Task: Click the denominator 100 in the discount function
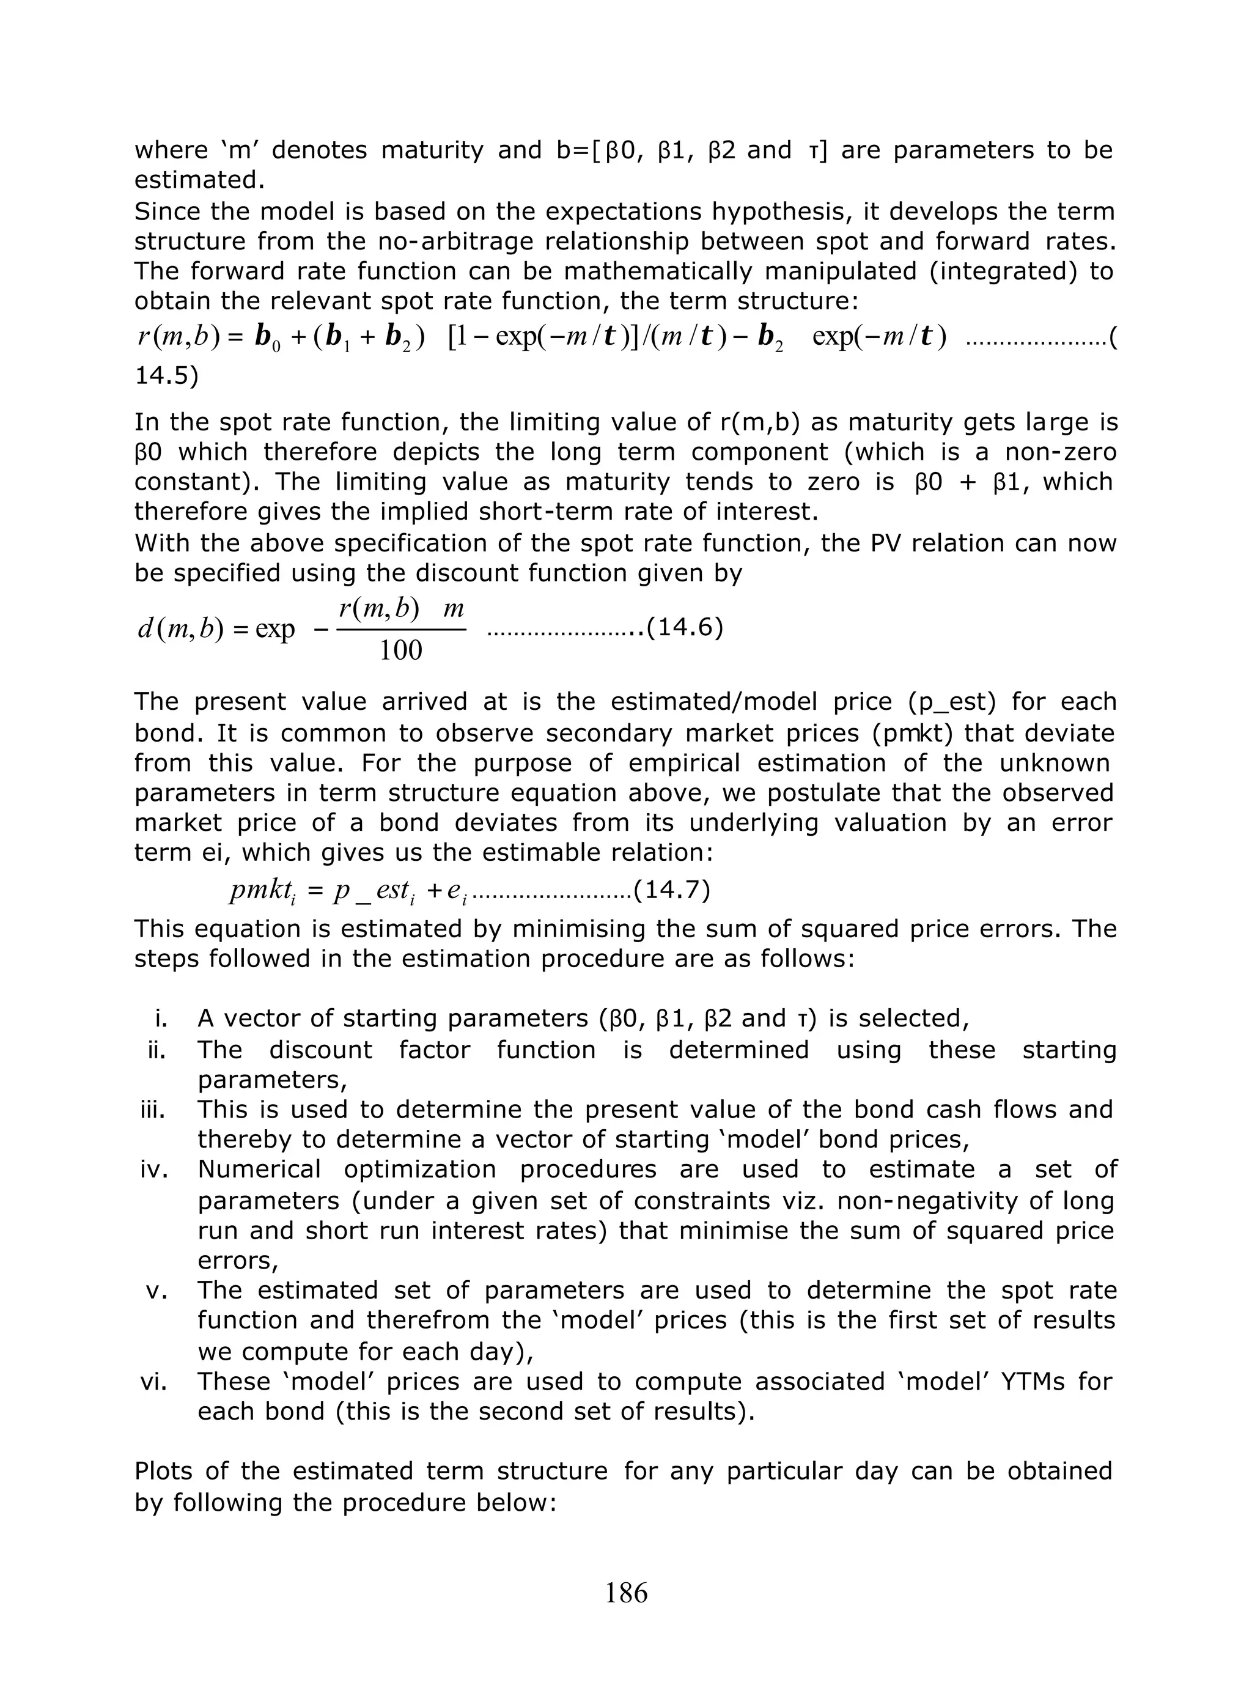[400, 651]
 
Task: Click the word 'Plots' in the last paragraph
[164, 1471]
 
